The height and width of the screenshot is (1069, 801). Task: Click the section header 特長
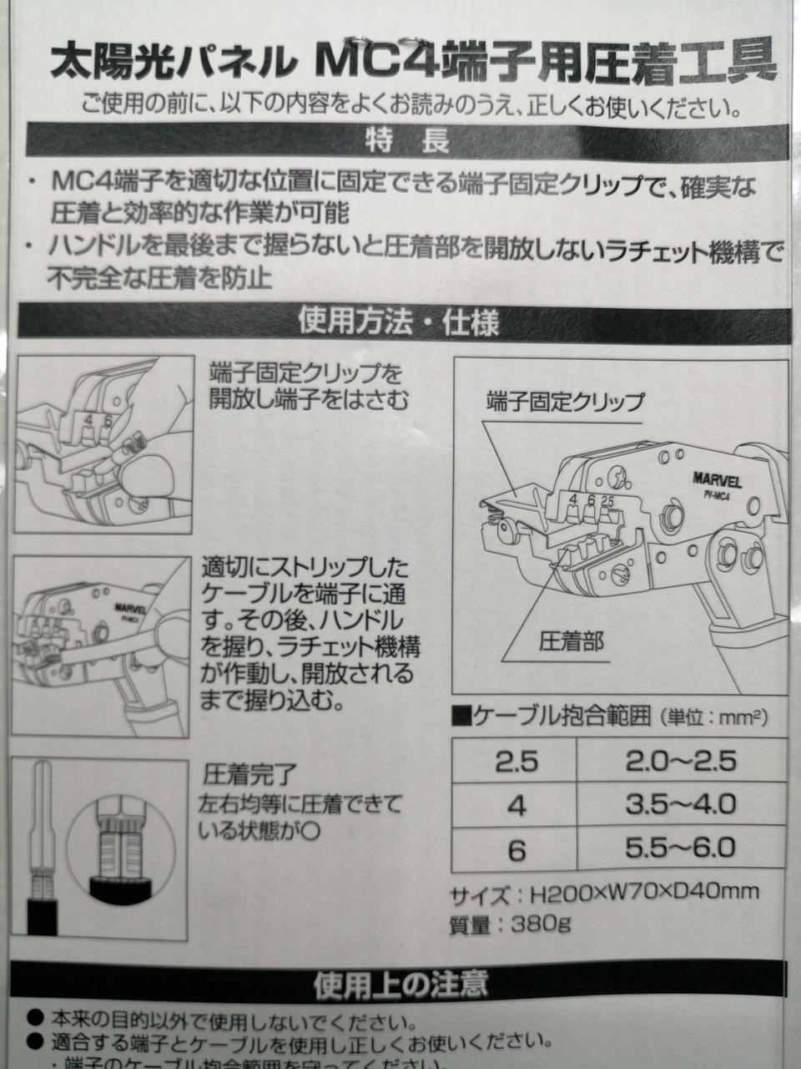(x=407, y=141)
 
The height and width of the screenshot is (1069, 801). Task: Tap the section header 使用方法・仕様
(x=399, y=322)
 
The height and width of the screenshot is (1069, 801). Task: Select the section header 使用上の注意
(x=400, y=983)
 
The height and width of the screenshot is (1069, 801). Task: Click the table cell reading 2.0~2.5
(x=681, y=761)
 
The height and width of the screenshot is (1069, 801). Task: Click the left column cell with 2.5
(x=516, y=762)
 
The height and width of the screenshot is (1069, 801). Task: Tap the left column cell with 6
(x=516, y=850)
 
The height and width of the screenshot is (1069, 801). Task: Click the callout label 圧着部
(x=571, y=641)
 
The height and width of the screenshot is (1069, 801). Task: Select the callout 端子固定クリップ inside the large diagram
(x=564, y=403)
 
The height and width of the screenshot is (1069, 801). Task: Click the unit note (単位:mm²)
(x=713, y=717)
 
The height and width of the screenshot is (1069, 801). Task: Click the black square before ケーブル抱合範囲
(x=461, y=717)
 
